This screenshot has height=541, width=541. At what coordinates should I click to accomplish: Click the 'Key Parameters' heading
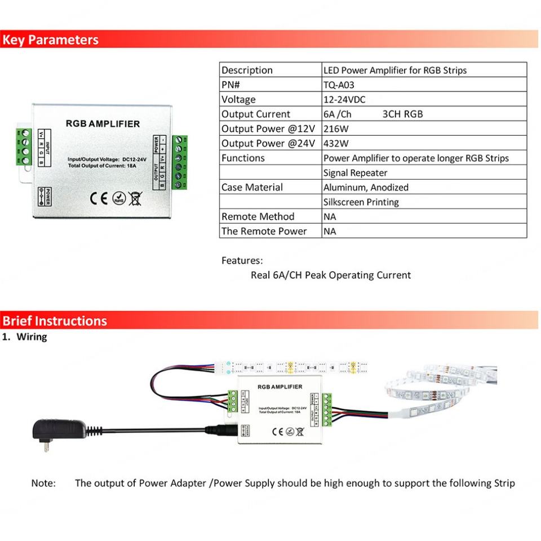50,40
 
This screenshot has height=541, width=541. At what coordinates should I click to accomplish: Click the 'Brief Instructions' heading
54,321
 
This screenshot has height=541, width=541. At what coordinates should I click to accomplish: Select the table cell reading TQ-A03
339,85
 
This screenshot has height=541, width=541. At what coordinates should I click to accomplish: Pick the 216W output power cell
336,129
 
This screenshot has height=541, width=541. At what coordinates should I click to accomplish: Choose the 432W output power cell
336,144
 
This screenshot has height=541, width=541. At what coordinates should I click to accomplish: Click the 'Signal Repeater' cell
355,173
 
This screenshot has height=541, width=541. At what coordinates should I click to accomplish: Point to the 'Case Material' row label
252,188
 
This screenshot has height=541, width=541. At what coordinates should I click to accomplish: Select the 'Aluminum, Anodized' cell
366,188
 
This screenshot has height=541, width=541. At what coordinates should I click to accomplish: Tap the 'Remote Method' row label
258,217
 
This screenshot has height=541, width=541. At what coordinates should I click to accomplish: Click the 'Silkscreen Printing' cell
361,202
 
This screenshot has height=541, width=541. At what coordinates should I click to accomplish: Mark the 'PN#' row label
230,85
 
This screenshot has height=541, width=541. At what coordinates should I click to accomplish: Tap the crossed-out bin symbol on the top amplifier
135,198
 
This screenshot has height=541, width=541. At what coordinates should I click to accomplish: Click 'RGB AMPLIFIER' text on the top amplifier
103,123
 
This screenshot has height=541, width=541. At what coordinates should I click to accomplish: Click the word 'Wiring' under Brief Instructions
32,337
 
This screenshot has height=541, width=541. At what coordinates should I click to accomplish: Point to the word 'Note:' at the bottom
43,483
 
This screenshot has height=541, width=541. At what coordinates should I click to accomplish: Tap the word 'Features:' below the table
242,261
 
